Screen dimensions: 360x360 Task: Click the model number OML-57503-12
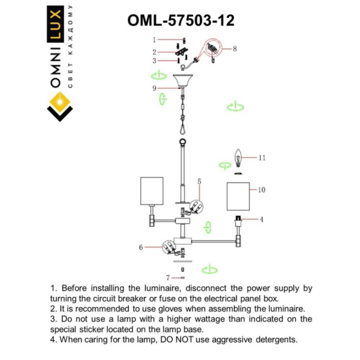pos(181,20)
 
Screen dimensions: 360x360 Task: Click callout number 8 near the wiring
pos(235,49)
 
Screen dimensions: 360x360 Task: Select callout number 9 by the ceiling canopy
pos(154,88)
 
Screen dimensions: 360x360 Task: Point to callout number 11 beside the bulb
pos(262,158)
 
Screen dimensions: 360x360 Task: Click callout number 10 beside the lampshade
pos(261,190)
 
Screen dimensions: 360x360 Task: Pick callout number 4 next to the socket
pos(262,220)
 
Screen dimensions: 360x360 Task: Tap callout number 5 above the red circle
pos(199,181)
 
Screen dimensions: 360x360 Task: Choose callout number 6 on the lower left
pos(141,247)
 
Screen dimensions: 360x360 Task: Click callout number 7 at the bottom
pos(167,278)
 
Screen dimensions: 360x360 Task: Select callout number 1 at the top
pos(154,40)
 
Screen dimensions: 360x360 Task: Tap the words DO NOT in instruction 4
pos(177,340)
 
